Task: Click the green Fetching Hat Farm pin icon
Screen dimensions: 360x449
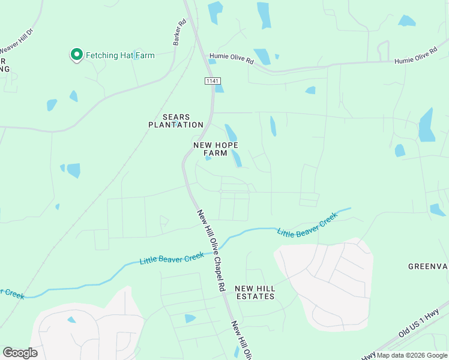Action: pyautogui.click(x=77, y=55)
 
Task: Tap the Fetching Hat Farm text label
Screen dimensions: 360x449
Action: pyautogui.click(x=120, y=55)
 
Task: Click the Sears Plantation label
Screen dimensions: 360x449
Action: pyautogui.click(x=176, y=121)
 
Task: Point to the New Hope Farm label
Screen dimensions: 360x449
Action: pyautogui.click(x=215, y=149)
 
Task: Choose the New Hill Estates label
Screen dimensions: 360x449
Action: pyautogui.click(x=255, y=292)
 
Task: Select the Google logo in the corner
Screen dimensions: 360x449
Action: pyautogui.click(x=20, y=353)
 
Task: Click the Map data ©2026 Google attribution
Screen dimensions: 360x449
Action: pyautogui.click(x=412, y=355)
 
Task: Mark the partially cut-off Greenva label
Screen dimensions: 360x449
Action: pyautogui.click(x=428, y=266)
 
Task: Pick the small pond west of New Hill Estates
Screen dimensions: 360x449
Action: pyautogui.click(x=190, y=318)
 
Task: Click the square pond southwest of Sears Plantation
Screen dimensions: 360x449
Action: pyautogui.click(x=73, y=170)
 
